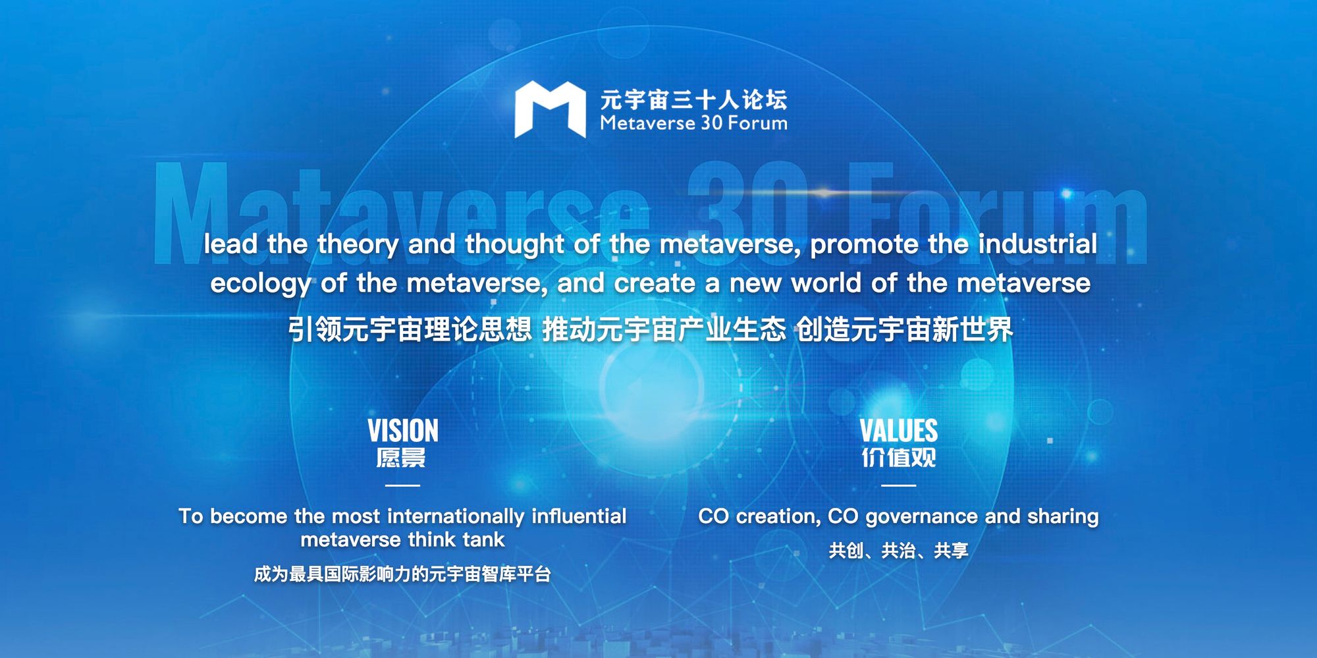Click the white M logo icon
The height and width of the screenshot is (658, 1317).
[x=550, y=109]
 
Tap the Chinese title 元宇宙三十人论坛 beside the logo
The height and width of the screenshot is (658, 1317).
[x=693, y=99]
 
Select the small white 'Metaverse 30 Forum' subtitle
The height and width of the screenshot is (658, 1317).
[x=693, y=123]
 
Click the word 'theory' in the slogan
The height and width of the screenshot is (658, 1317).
[x=358, y=245]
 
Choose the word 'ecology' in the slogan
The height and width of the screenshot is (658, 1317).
[x=260, y=284]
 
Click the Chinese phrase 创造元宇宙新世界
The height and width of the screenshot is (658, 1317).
[x=904, y=329]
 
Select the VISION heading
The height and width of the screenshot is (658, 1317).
[x=402, y=431]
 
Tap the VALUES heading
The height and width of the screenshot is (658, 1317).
[x=898, y=431]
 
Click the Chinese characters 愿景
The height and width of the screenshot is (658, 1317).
[x=401, y=457]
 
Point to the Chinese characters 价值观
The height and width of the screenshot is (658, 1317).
[x=898, y=457]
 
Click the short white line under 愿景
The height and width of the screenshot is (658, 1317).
[x=402, y=485]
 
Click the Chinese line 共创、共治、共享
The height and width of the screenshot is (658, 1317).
[x=898, y=551]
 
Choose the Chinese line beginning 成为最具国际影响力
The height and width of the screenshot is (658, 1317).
[x=402, y=574]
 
